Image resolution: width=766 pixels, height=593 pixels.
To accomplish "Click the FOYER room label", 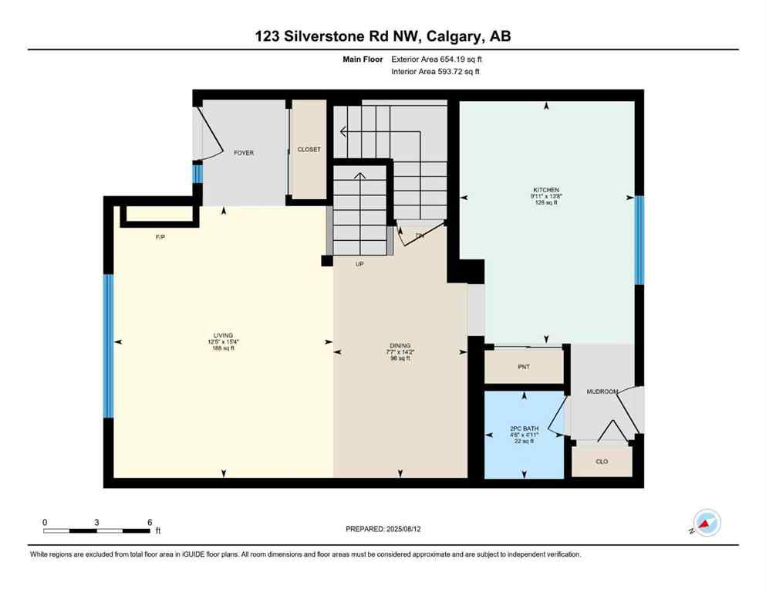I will [244, 153].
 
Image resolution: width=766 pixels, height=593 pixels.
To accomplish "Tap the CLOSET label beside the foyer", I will [309, 149].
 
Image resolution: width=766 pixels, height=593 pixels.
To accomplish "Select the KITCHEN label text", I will [546, 190].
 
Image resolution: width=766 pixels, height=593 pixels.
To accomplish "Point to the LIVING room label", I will [223, 335].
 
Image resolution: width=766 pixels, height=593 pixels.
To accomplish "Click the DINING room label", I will [400, 345].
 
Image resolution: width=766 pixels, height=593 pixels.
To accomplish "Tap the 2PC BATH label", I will [524, 428].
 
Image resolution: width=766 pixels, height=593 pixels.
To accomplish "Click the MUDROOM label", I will [602, 391].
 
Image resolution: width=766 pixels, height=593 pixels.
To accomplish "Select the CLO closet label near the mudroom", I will [602, 461].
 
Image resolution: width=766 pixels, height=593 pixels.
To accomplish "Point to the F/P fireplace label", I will [160, 237].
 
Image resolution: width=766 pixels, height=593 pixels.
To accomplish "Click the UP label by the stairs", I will [359, 264].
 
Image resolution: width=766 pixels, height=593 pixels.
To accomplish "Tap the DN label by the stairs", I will [420, 236].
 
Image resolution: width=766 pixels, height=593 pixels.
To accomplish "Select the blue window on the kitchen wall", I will [639, 240].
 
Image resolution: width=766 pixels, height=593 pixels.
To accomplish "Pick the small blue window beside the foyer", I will [197, 174].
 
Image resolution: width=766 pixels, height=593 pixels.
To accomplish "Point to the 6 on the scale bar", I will [149, 522].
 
